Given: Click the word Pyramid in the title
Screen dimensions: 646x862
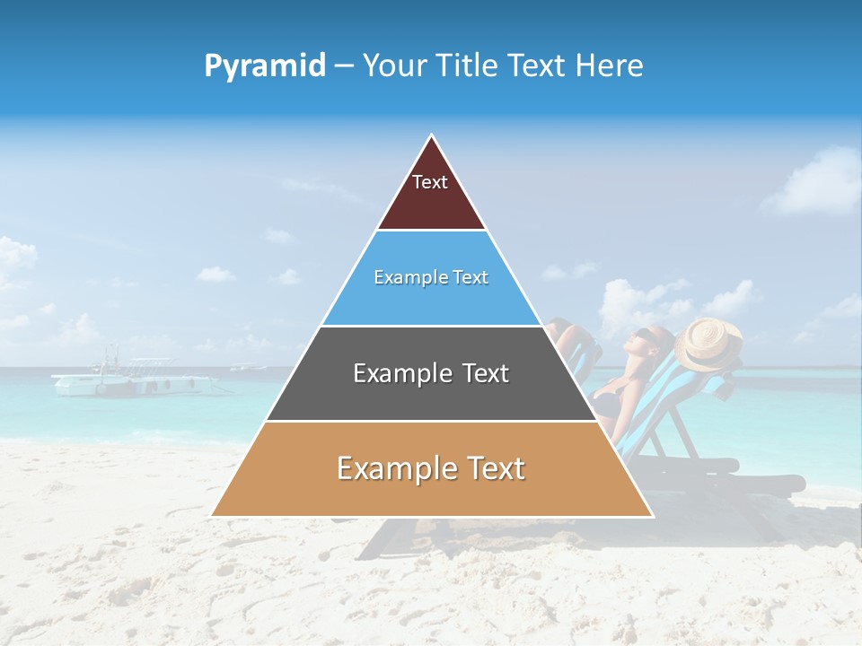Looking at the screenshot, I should point(264,66).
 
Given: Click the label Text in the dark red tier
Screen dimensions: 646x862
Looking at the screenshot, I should point(430,182).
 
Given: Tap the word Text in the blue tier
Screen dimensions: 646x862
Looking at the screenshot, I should point(471,278).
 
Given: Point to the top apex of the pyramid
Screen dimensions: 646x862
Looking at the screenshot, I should point(432,136).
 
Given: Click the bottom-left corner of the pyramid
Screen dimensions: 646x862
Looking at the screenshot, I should point(213,515).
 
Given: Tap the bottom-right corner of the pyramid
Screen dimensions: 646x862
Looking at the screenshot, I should point(651,515).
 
